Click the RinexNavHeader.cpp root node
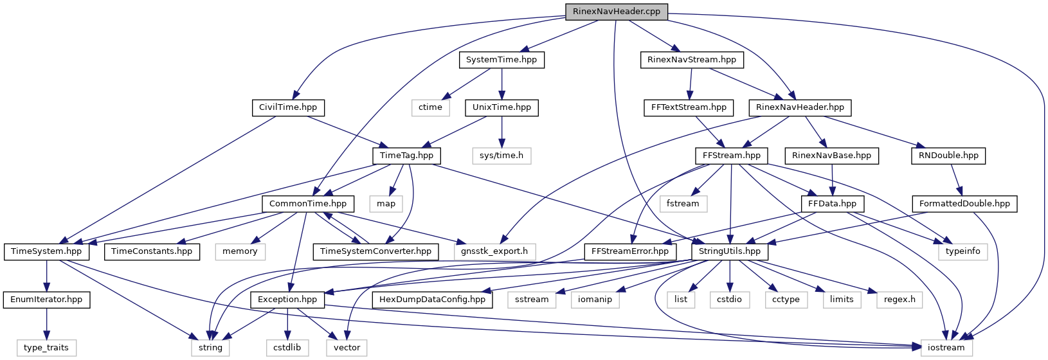tap(616, 12)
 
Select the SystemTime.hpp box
tap(501, 60)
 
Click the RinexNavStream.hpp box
tap(691, 60)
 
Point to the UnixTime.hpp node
tap(501, 107)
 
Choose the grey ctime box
tap(430, 107)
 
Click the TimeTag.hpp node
tap(406, 156)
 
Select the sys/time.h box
tap(501, 156)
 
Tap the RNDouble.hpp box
tap(948, 156)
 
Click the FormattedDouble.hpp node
tap(964, 204)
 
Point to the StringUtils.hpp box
tap(730, 251)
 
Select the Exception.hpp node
tap(287, 300)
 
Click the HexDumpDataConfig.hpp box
tap(432, 300)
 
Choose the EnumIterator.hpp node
tap(46, 300)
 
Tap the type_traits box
tap(46, 348)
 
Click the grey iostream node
tap(946, 348)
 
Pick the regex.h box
tap(899, 300)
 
